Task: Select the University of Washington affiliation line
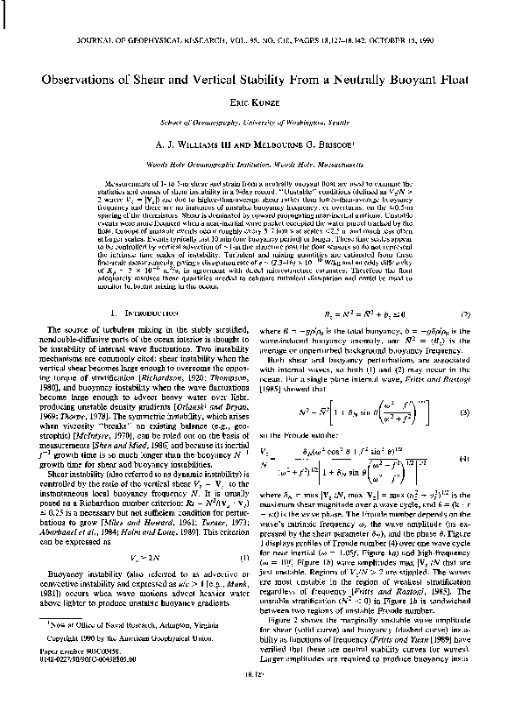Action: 257,121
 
